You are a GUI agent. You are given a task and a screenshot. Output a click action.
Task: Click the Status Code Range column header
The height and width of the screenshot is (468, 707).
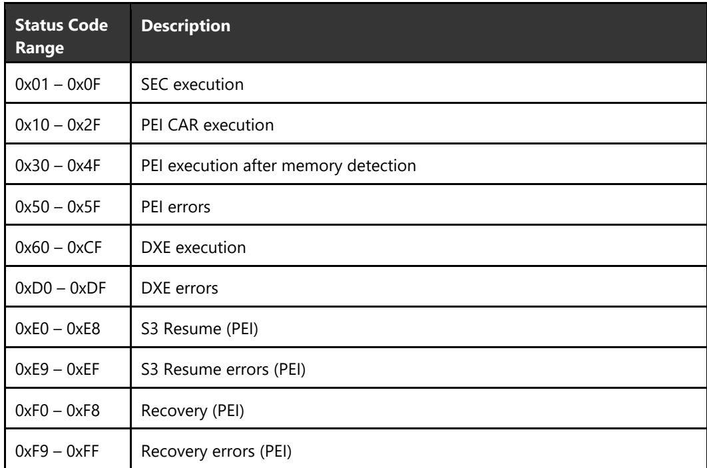tap(61, 36)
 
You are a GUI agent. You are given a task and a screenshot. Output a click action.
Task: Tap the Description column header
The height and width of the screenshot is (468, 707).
tap(186, 26)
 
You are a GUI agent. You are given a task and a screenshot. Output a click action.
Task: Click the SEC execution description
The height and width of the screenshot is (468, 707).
tap(192, 85)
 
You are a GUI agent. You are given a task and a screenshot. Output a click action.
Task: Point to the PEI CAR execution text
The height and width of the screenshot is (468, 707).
tap(208, 125)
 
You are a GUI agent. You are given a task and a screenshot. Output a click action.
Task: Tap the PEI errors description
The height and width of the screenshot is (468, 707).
tap(175, 207)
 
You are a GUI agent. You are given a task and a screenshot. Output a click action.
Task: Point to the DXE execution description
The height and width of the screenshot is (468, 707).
tap(194, 248)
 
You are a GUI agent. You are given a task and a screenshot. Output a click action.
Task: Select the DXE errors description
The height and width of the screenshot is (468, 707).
tap(180, 288)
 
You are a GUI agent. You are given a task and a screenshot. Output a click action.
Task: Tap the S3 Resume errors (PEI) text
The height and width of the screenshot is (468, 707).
tap(223, 369)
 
